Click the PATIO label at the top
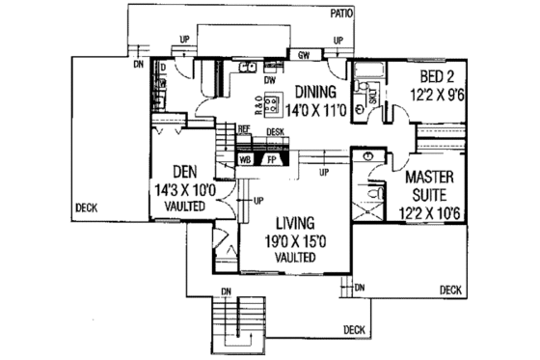click(340, 13)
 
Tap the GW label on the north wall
click(302, 56)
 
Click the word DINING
click(316, 92)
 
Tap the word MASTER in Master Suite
click(430, 180)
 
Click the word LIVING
click(287, 224)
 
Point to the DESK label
click(275, 130)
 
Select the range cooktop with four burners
click(270, 99)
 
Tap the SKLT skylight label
click(372, 99)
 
